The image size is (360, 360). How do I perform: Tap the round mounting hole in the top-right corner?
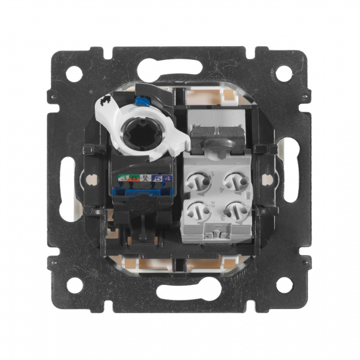click(x=287, y=74)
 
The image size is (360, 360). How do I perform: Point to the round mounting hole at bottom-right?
click(x=287, y=286)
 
